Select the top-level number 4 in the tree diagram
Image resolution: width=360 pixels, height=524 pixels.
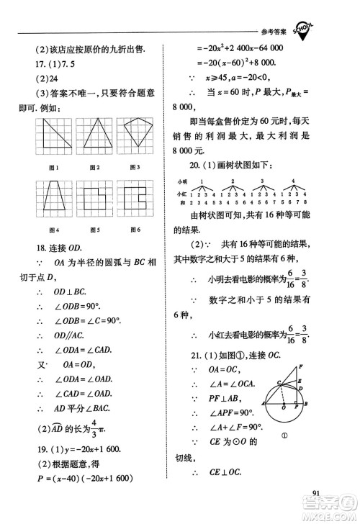293,181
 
